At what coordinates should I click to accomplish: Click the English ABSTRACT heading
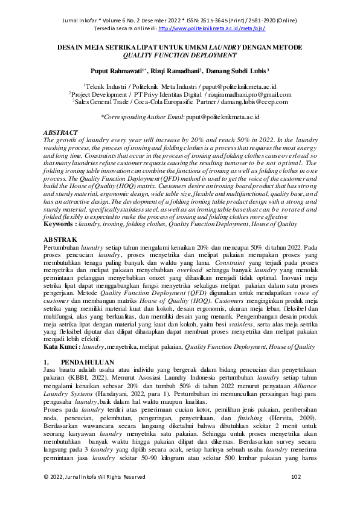(61, 132)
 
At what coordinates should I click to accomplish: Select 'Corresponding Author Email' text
(140, 117)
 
